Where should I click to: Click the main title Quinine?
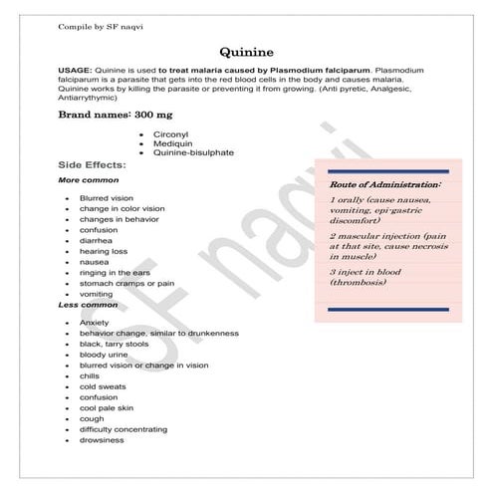247,52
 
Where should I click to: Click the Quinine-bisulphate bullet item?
199,153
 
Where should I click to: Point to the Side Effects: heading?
92,164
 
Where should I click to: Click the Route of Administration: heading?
384,185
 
